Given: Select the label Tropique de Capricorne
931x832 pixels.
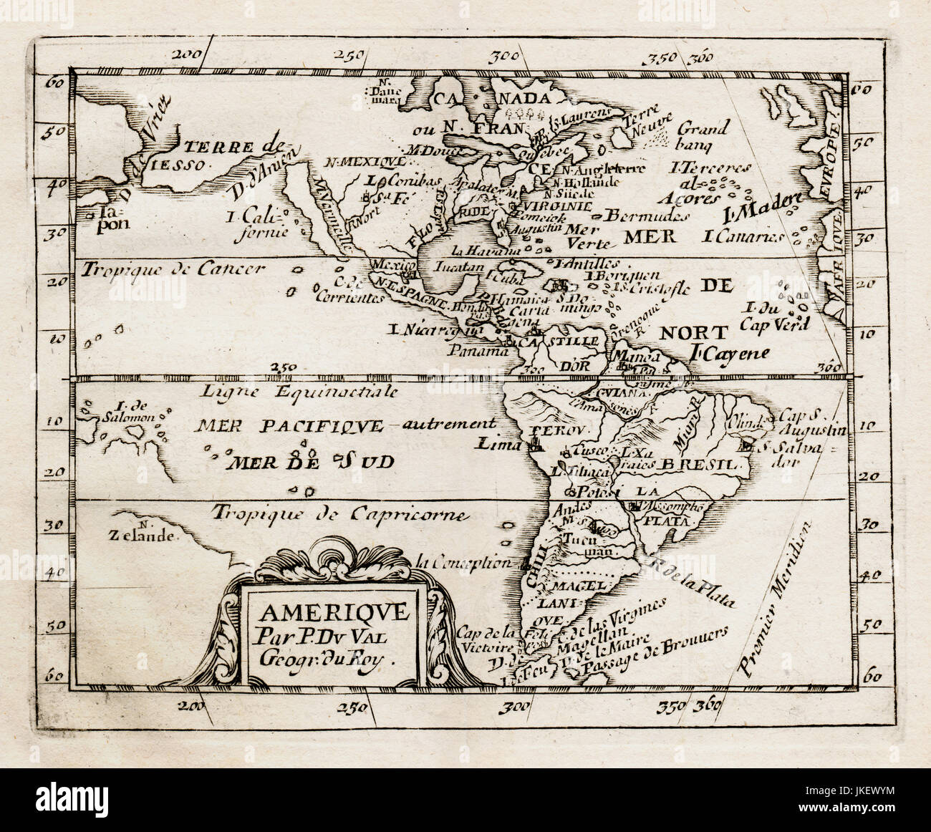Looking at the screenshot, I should pos(334,513).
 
